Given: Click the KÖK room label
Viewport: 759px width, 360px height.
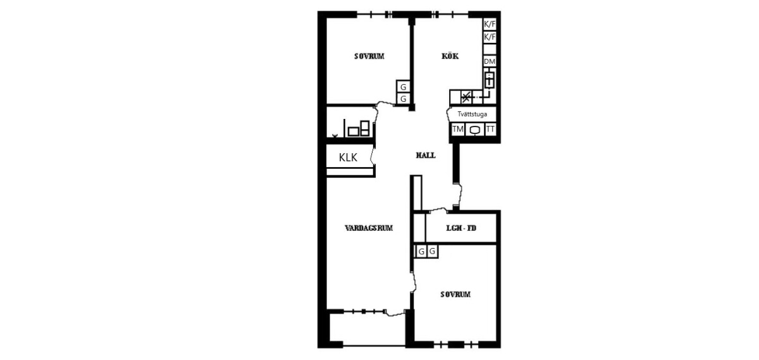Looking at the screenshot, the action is click(x=450, y=56).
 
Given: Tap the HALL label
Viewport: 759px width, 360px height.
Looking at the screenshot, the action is click(x=426, y=155).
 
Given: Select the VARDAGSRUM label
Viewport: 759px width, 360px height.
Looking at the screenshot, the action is click(x=369, y=228).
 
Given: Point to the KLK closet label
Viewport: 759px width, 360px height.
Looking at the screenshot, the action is click(x=348, y=158).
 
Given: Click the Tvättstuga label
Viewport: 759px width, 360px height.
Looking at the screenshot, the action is click(x=472, y=115).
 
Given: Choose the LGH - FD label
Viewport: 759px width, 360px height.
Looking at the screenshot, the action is click(x=461, y=228).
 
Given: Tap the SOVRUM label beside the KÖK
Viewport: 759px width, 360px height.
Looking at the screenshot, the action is click(x=369, y=56).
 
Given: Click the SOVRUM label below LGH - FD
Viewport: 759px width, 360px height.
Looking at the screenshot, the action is click(x=455, y=294).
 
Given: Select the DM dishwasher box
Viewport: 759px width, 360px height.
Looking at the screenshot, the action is click(x=490, y=61).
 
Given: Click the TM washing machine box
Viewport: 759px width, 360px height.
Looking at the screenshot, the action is click(x=458, y=129).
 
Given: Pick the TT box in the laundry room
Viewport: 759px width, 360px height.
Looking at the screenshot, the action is click(x=490, y=129).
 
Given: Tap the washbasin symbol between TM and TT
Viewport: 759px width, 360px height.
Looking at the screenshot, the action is click(x=475, y=130).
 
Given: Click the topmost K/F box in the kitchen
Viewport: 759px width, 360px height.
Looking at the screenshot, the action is click(x=490, y=24).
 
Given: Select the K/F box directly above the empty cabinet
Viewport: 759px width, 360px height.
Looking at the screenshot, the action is click(x=490, y=37).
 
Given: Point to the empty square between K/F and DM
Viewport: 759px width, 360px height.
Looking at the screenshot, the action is click(x=490, y=49).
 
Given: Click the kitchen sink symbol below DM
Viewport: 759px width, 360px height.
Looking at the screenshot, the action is click(x=490, y=80).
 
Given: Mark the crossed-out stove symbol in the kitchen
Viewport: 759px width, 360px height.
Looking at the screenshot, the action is click(x=467, y=97).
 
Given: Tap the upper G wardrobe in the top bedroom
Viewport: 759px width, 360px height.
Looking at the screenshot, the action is click(x=404, y=87).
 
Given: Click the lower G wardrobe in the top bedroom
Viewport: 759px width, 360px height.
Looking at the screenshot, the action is click(x=404, y=99).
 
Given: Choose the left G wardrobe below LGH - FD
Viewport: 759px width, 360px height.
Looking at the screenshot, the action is click(x=421, y=252).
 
